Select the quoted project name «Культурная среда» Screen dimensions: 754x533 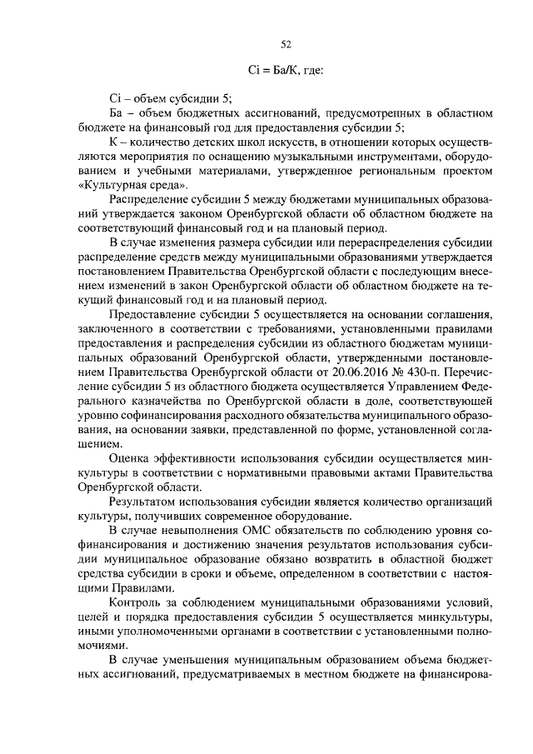tap(133, 184)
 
